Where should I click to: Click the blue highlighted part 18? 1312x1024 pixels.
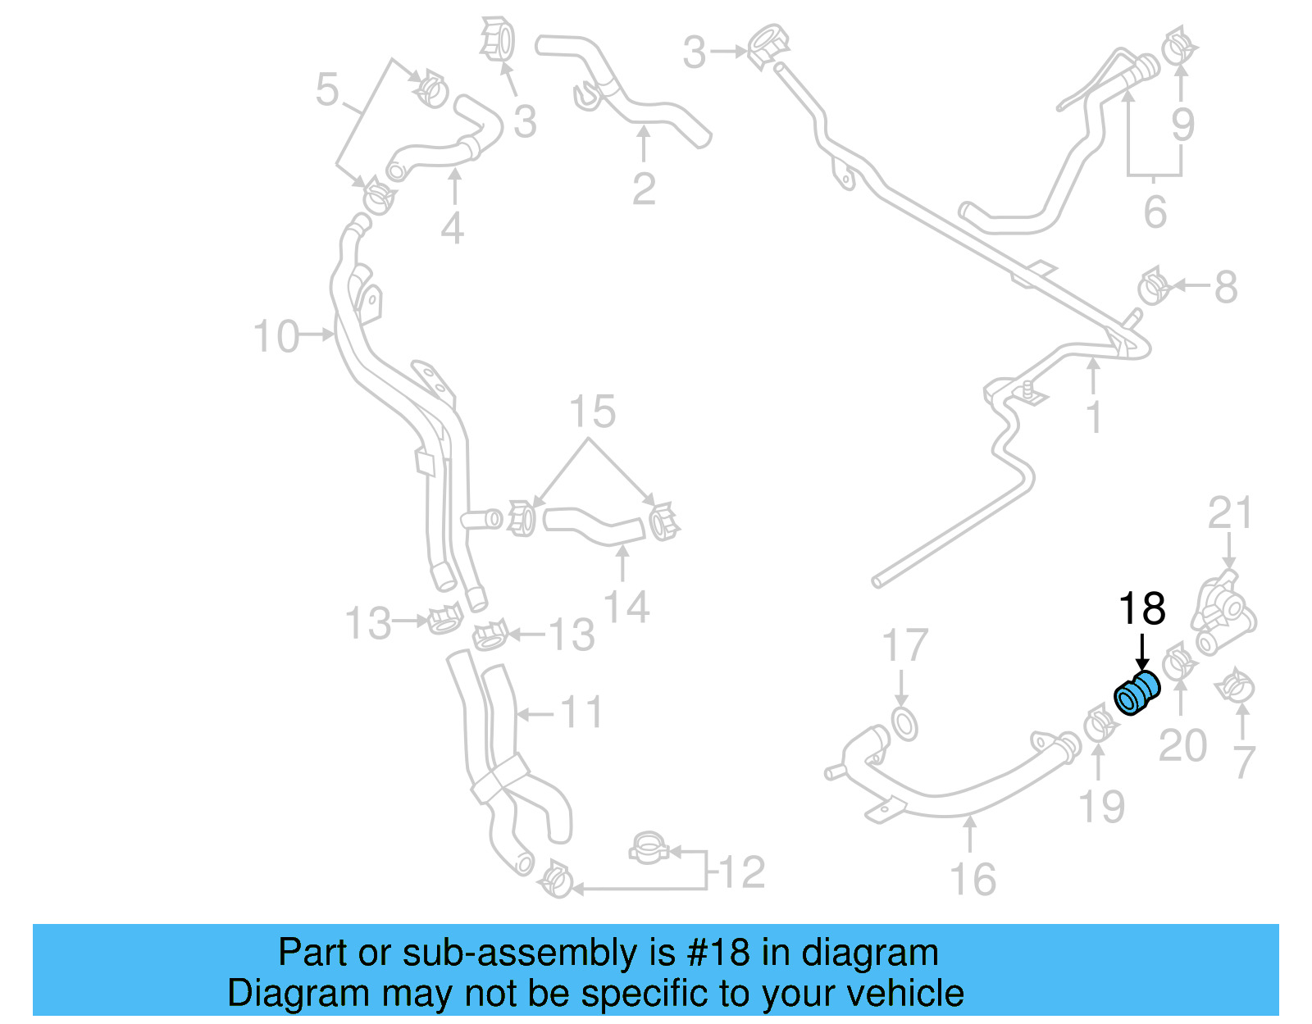pyautogui.click(x=1137, y=693)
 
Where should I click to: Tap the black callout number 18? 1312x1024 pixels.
pyautogui.click(x=1141, y=609)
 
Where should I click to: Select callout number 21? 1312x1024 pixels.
pyautogui.click(x=1230, y=514)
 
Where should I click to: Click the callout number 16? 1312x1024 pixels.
pyautogui.click(x=973, y=880)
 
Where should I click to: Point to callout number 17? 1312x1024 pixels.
pyautogui.click(x=904, y=646)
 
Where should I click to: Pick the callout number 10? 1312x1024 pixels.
pyautogui.click(x=276, y=337)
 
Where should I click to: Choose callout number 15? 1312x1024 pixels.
pyautogui.click(x=592, y=412)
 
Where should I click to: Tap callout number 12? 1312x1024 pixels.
pyautogui.click(x=743, y=872)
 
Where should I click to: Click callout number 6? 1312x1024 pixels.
pyautogui.click(x=1155, y=212)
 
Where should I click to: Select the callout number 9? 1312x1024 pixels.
pyautogui.click(x=1182, y=124)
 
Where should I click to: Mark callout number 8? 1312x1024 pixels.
pyautogui.click(x=1225, y=287)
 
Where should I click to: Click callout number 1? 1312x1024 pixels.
pyautogui.click(x=1094, y=416)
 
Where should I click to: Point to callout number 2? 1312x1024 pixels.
pyautogui.click(x=644, y=189)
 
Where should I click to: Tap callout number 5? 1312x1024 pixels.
pyautogui.click(x=326, y=89)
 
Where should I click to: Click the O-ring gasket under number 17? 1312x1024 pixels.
pyautogui.click(x=904, y=726)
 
